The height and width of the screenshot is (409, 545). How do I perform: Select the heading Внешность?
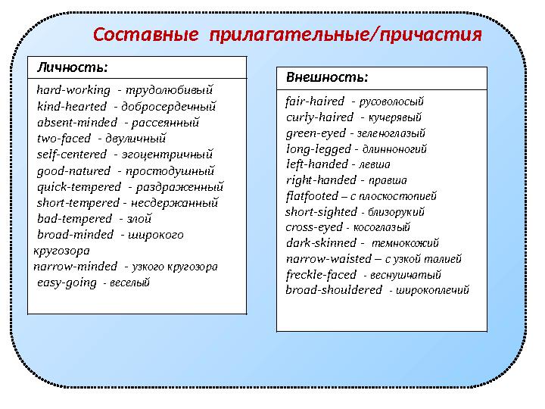(x=327, y=77)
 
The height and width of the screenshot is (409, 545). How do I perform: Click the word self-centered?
(x=72, y=155)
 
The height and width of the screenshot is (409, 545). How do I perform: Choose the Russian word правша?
(x=388, y=180)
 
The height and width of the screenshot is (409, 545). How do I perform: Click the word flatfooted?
(x=312, y=195)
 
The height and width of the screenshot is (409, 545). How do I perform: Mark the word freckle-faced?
(x=321, y=274)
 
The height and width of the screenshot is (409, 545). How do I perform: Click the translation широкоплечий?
(x=428, y=290)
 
